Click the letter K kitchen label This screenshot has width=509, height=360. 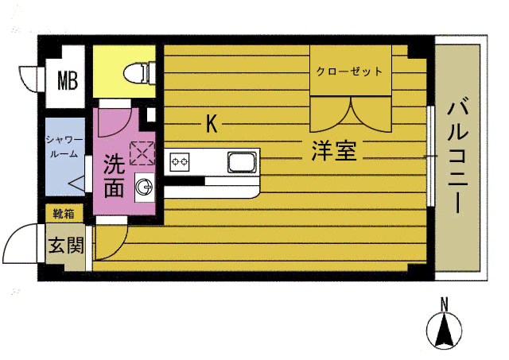click(212, 124)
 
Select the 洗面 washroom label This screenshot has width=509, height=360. click(114, 176)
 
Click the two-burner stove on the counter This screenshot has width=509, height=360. click(180, 163)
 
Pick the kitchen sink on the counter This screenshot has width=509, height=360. click(241, 163)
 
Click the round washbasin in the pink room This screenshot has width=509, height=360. click(144, 188)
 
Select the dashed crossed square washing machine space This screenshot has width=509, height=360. click(141, 152)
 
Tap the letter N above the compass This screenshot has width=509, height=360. click(445, 302)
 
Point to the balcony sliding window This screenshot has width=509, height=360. click(431, 156)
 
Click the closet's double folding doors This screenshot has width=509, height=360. click(350, 114)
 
